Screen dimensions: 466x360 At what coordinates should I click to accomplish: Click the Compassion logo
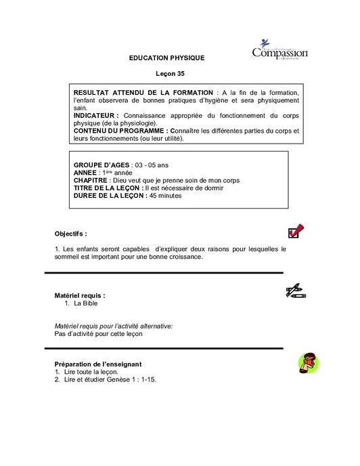[279, 50]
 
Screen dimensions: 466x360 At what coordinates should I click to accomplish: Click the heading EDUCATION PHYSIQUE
[166, 58]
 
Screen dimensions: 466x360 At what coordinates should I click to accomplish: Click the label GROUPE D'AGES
[102, 165]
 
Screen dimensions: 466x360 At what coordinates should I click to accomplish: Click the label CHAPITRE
[90, 181]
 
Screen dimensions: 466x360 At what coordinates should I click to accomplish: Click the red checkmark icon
[295, 232]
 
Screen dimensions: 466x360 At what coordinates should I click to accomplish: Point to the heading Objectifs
[70, 233]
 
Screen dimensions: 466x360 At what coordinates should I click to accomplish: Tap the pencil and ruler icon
[296, 291]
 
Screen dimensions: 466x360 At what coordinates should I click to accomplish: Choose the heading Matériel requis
[79, 295]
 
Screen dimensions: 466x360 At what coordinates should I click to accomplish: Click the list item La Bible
[86, 303]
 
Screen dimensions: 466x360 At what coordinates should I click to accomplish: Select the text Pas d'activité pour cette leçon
[98, 334]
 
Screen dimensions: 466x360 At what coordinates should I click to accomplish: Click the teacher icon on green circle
[307, 362]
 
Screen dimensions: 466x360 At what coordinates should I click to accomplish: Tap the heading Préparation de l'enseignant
[98, 364]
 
